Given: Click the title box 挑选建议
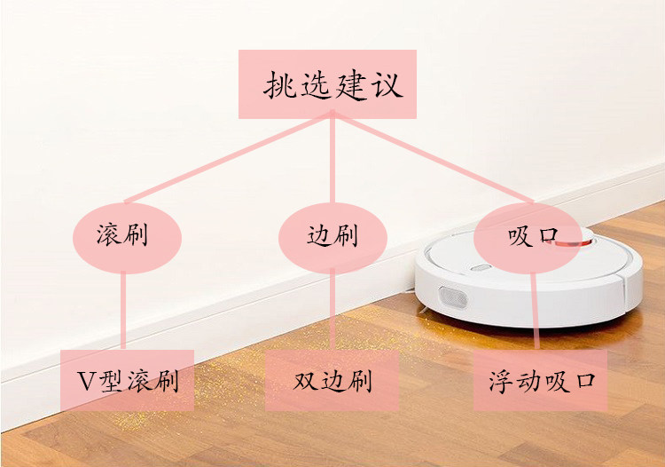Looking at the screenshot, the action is (x=327, y=84).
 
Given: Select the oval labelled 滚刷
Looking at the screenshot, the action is (x=127, y=238).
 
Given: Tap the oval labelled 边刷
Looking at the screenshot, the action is (x=332, y=238).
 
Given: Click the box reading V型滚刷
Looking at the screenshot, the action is (x=127, y=380).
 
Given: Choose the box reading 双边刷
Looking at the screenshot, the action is (x=332, y=380).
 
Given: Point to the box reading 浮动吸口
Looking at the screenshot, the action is (x=540, y=380).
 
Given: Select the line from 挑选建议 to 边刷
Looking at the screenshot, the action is (x=332, y=161).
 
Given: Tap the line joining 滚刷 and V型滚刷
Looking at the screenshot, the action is (x=123, y=312).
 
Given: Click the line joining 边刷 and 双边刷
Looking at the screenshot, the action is (x=332, y=312).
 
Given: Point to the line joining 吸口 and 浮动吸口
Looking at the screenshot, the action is (x=536, y=312).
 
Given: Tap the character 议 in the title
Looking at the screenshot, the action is (x=386, y=85).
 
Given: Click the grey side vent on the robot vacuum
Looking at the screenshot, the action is (x=452, y=297).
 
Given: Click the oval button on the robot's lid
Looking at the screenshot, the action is (x=481, y=267).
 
